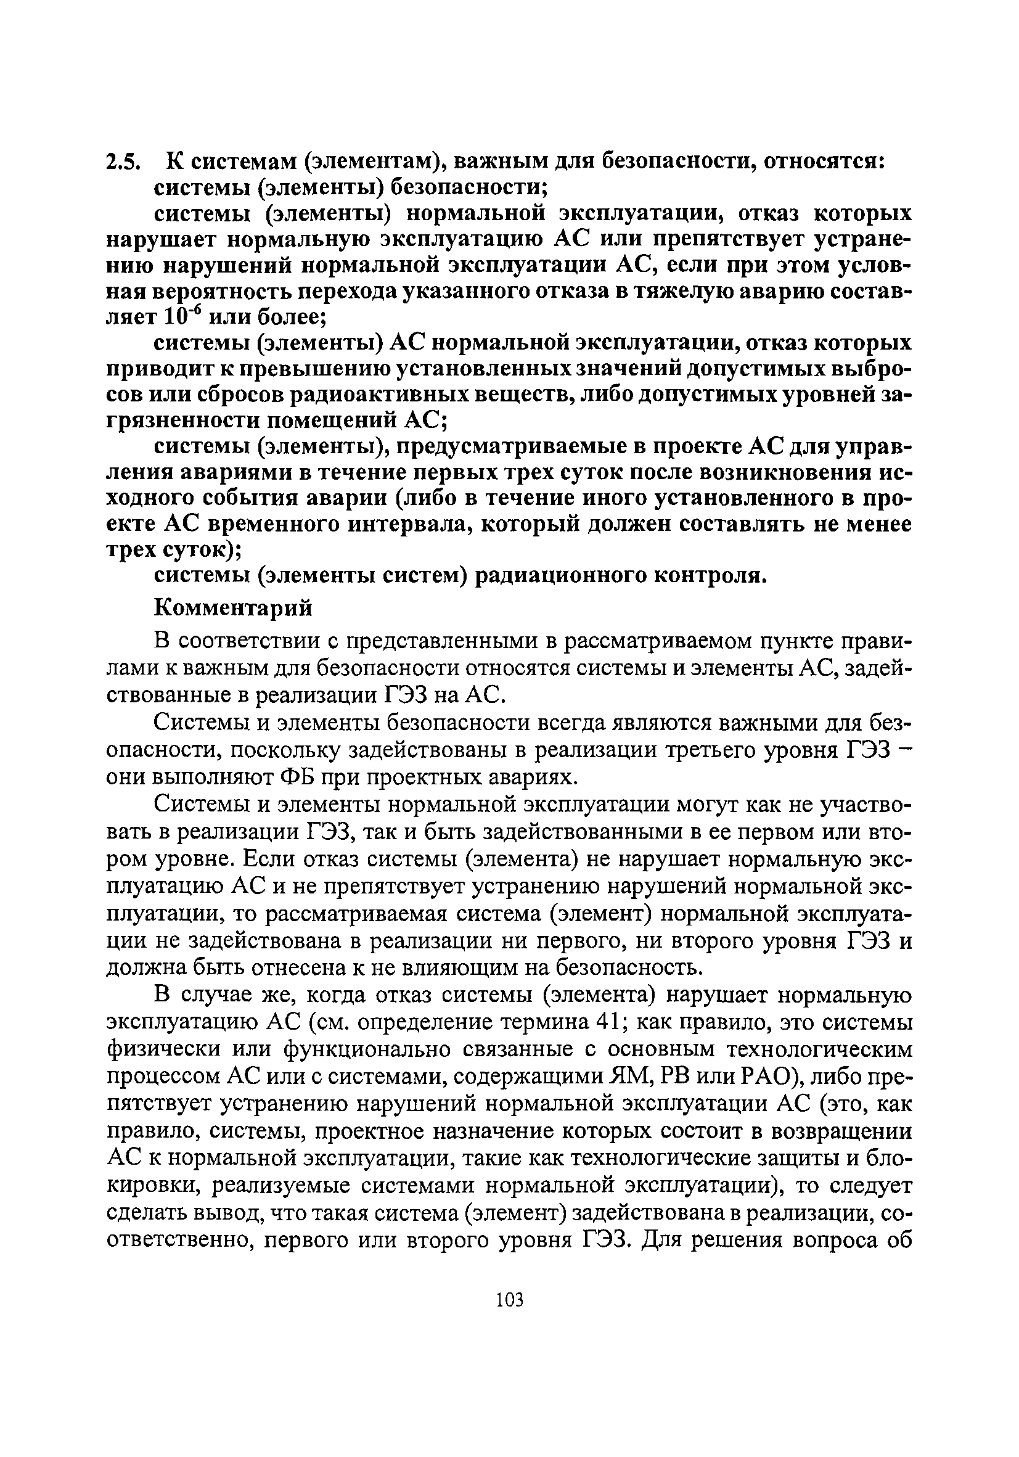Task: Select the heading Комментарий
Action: point(234,608)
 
